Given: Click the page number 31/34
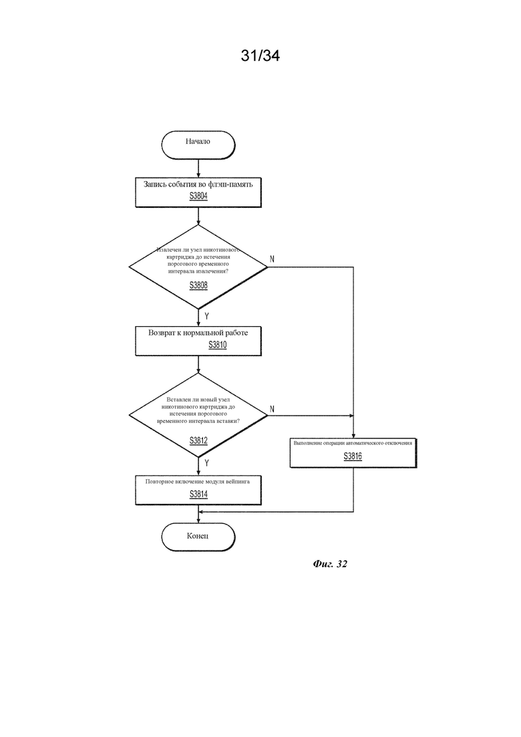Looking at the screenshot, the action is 260,55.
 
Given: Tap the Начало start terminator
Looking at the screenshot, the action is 198,145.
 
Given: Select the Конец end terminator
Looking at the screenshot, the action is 198,537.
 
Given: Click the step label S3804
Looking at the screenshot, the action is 198,196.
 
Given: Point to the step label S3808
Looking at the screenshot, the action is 198,285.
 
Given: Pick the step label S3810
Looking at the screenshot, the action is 218,345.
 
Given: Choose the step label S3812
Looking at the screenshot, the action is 198,440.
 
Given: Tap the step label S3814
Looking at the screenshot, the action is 198,494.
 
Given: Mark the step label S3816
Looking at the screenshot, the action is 353,456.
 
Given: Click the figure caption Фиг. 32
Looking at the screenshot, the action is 330,564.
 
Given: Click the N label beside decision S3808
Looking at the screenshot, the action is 272,259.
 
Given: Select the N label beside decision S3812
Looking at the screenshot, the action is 272,410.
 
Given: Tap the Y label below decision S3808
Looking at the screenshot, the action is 206,316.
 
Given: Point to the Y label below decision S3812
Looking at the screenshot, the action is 206,463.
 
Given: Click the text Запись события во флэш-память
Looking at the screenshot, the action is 198,184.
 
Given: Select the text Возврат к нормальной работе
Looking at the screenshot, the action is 198,333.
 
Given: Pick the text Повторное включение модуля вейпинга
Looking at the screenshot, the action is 197,482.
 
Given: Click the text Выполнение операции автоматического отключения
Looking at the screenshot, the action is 353,443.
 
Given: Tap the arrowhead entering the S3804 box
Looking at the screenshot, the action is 198,175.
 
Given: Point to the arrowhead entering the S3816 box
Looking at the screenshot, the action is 353,436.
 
